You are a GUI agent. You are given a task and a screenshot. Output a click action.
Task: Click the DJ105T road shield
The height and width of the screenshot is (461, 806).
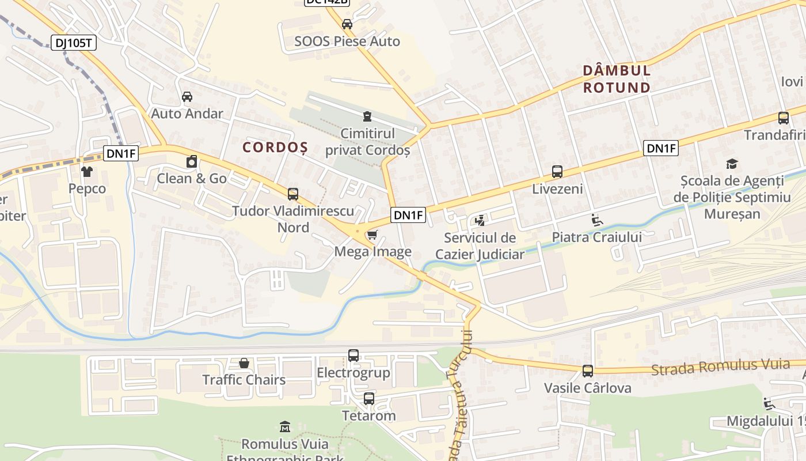(74, 43)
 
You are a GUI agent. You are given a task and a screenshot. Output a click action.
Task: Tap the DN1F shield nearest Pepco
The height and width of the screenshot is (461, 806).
(121, 153)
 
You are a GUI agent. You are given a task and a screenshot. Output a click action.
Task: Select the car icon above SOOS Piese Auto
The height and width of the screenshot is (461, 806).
(347, 24)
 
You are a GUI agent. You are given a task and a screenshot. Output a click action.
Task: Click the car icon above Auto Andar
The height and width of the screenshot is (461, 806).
(187, 96)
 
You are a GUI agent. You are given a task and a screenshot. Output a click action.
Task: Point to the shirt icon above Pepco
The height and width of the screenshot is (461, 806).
(87, 171)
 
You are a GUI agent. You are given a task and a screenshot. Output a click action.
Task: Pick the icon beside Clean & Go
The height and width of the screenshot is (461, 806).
(192, 161)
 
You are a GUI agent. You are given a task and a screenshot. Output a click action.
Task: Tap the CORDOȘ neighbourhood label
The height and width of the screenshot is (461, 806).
(275, 148)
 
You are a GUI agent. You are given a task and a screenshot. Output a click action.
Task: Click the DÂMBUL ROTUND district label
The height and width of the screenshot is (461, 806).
(617, 79)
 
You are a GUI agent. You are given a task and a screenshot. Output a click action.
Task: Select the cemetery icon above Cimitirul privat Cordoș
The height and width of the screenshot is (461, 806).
(367, 116)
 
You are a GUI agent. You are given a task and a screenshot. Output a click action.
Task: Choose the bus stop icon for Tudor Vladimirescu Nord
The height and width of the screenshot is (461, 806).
(293, 194)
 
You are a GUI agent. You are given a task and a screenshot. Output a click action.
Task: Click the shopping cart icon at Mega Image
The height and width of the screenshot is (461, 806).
(372, 235)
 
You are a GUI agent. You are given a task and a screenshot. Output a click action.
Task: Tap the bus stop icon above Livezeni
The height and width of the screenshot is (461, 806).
(557, 171)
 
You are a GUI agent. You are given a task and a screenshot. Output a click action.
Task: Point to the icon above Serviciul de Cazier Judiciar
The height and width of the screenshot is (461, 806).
(480, 220)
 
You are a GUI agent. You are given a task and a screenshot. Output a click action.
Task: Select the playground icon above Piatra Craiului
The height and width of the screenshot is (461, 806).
(596, 220)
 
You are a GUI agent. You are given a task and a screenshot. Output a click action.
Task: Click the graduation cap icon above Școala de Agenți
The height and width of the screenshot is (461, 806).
(732, 164)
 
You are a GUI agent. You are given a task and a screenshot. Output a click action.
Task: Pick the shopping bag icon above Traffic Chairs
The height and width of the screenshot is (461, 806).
(244, 363)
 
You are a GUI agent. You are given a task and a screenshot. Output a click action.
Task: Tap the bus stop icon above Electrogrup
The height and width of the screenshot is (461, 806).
(353, 356)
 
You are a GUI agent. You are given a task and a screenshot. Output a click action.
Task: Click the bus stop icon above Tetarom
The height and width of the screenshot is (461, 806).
(369, 398)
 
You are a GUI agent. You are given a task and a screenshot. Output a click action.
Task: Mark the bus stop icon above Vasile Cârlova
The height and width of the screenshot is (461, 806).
(588, 371)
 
